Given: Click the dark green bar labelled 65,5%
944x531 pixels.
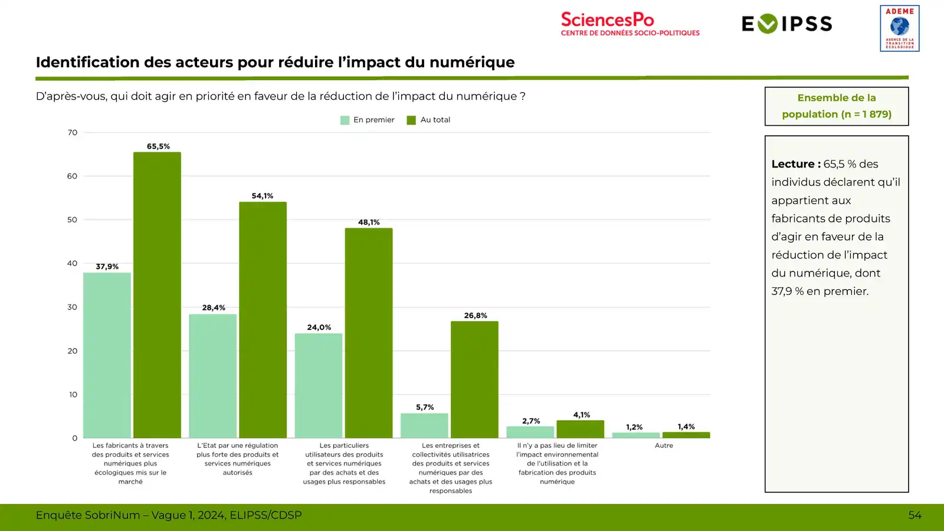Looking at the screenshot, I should (x=157, y=295).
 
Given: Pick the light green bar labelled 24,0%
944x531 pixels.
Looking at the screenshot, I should (x=319, y=386).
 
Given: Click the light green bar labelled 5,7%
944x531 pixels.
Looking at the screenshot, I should (x=424, y=425).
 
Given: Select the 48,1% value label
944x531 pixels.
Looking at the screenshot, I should (x=369, y=222).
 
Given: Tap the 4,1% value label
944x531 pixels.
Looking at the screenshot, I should (x=581, y=415).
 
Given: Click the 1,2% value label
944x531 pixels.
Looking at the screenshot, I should (x=634, y=427).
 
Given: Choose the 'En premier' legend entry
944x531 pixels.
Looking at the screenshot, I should (x=368, y=120).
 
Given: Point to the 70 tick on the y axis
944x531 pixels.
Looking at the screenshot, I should (x=73, y=133).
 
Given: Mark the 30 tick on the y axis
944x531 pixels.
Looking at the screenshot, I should (x=72, y=307).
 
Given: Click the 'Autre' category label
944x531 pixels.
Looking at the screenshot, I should (x=664, y=445).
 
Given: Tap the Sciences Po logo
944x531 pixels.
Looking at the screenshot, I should (x=630, y=24).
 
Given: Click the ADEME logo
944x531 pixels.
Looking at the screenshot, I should (x=899, y=28).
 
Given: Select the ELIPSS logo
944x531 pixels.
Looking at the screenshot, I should (x=786, y=24).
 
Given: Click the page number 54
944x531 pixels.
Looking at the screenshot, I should (x=914, y=515).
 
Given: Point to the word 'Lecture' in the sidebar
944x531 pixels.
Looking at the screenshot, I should (x=792, y=164).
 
